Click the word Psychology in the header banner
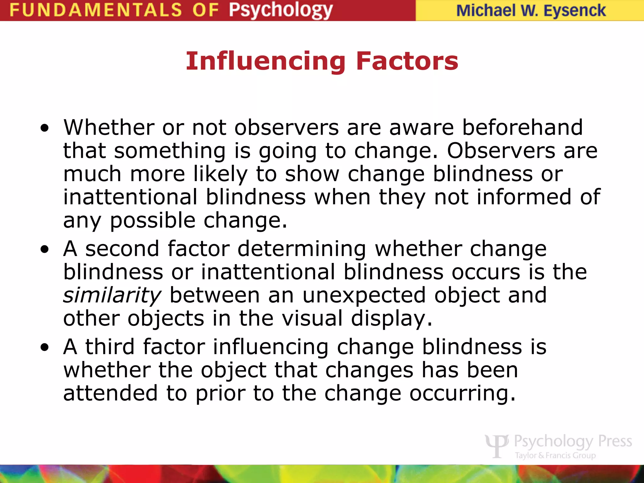click(x=280, y=10)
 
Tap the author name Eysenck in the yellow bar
click(x=575, y=11)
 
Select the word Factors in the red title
click(x=407, y=61)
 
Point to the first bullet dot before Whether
click(x=45, y=128)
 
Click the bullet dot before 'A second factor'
click(x=45, y=249)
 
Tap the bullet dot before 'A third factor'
click(x=45, y=347)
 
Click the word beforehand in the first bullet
click(x=522, y=127)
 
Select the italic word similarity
click(x=112, y=296)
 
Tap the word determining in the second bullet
click(x=302, y=249)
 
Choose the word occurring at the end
click(x=462, y=393)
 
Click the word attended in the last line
click(x=110, y=393)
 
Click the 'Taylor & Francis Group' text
click(x=555, y=455)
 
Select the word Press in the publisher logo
click(x=615, y=441)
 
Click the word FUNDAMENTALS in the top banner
click(x=96, y=10)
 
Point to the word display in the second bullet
click(x=391, y=319)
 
